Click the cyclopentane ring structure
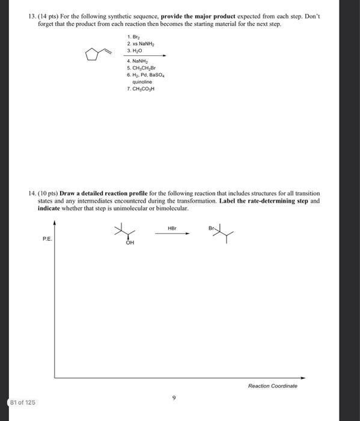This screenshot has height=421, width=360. (x=91, y=56)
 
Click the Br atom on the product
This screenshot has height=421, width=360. (x=212, y=229)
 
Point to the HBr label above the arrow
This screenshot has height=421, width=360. (x=172, y=228)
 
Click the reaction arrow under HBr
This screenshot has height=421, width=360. (x=172, y=234)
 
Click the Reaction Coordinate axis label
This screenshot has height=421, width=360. (x=272, y=386)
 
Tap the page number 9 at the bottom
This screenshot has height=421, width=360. (x=174, y=397)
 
